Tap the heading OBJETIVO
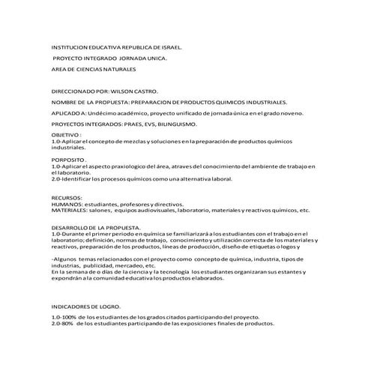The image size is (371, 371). point(65,133)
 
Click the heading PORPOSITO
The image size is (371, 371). point(69,160)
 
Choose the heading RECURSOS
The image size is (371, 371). point(67,197)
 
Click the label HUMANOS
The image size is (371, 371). point(67,203)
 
